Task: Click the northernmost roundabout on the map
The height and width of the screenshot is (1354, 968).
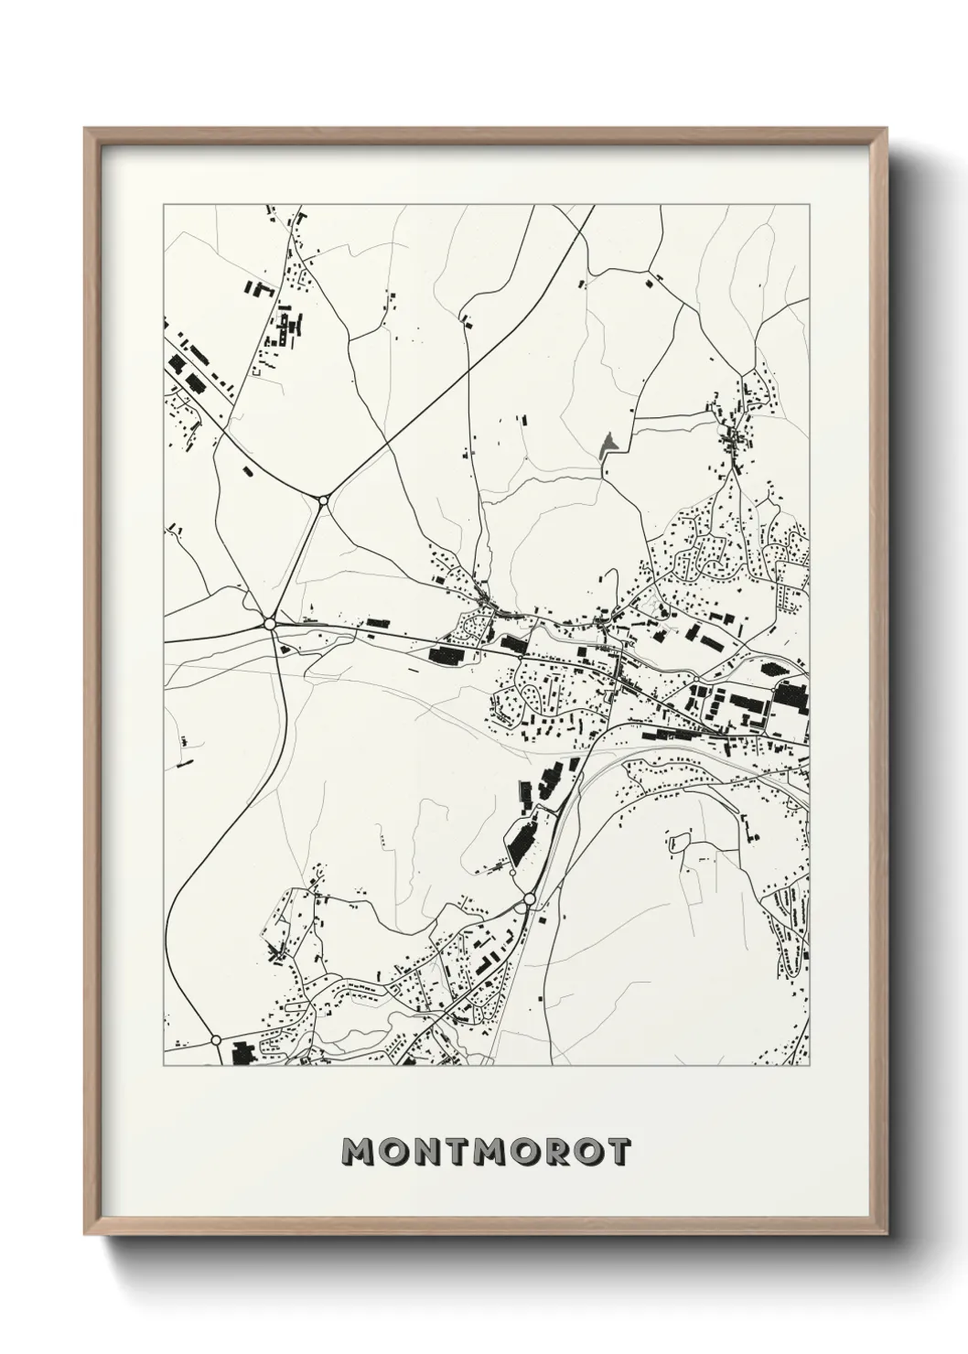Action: tap(323, 500)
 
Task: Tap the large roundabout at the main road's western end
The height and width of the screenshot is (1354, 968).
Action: tap(269, 623)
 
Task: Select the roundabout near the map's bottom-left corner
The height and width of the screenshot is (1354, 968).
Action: tap(216, 1040)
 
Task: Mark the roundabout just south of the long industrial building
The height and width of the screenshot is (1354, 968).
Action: tap(529, 902)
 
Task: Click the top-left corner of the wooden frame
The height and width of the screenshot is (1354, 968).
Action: tap(85, 129)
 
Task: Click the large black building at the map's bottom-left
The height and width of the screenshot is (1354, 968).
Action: tap(244, 1053)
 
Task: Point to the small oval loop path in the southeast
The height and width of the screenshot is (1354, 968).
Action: tap(679, 841)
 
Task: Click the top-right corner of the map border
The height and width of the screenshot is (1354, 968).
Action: tap(809, 205)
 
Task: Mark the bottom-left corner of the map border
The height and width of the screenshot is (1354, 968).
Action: tap(164, 1066)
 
